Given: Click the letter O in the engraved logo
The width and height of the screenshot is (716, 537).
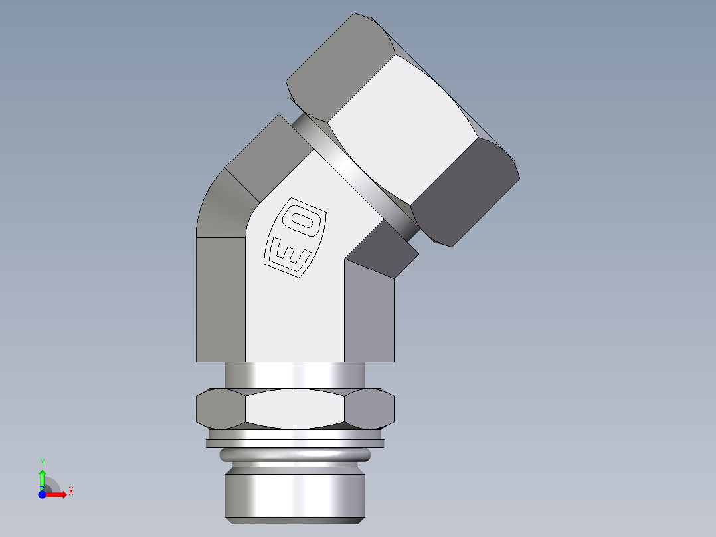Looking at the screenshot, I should pos(306,221).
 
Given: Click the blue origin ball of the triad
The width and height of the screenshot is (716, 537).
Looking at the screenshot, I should pos(42,495).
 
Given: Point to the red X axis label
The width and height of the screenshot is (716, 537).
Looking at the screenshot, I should pos(70,492).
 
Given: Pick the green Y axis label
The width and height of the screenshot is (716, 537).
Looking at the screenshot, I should pos(42,462).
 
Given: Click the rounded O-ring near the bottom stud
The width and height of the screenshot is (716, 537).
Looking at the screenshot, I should pos(295,455).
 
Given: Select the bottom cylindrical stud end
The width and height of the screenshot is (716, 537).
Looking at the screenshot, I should pos(295,495).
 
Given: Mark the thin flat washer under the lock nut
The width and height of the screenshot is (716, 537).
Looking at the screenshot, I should pos(295,439).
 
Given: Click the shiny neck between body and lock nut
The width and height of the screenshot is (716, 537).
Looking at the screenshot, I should pos(295,376).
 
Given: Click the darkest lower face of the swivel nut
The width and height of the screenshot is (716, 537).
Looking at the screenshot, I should pos(465,193).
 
